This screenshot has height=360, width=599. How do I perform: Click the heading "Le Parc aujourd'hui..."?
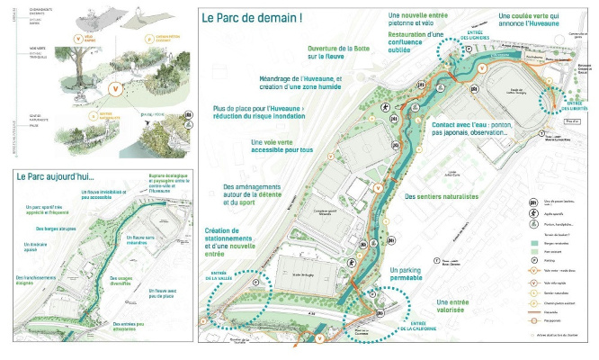tap(55, 176)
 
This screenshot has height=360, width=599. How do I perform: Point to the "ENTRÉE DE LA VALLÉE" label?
tap(226, 276)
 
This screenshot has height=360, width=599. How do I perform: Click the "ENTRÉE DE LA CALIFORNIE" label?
tap(423, 325)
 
